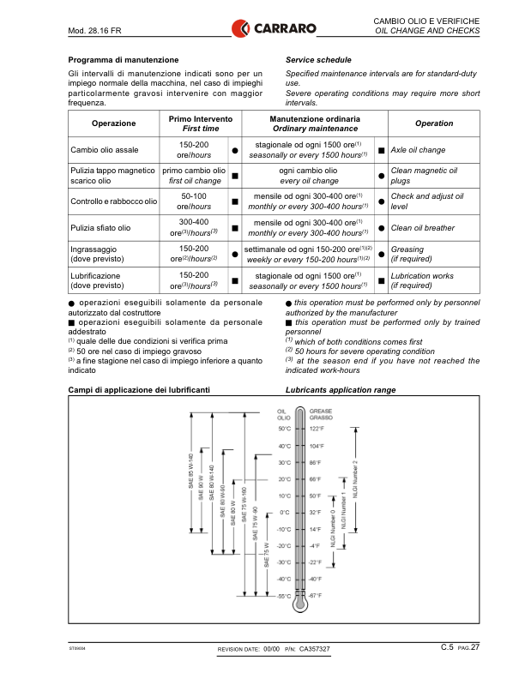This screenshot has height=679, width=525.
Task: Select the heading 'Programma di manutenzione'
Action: point(123,60)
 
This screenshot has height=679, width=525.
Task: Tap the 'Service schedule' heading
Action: point(318,60)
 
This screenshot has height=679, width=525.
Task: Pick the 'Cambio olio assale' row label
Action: point(106,150)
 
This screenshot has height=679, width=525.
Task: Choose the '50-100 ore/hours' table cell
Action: point(194,202)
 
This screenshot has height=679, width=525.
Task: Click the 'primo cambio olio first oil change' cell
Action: point(194,176)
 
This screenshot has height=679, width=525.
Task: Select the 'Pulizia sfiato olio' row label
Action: point(100,228)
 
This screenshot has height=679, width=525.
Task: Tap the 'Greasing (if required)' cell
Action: point(412,254)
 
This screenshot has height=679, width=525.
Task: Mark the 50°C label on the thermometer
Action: point(284,429)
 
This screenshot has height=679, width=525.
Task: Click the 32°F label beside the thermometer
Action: point(315,512)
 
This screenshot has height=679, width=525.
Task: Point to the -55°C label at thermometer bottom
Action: point(283,595)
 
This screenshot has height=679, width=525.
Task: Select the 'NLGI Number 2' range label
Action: point(355,475)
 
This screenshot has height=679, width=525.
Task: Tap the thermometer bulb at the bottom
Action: point(299,605)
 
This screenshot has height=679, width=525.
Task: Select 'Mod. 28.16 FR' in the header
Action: point(94,32)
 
